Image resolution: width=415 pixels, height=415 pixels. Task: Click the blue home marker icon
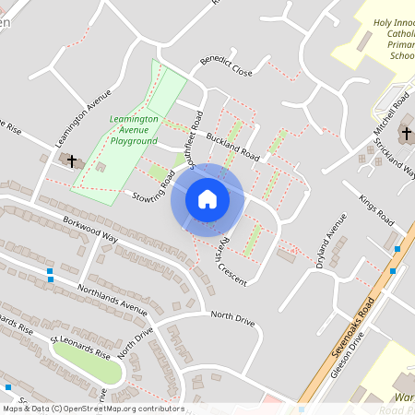point(207,198)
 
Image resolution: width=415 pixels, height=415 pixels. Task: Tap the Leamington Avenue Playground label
point(134,130)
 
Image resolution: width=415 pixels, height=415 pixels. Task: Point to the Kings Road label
point(376,208)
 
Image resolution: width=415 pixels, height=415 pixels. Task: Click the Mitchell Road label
point(391,115)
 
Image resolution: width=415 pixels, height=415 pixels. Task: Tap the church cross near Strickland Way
point(407,135)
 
